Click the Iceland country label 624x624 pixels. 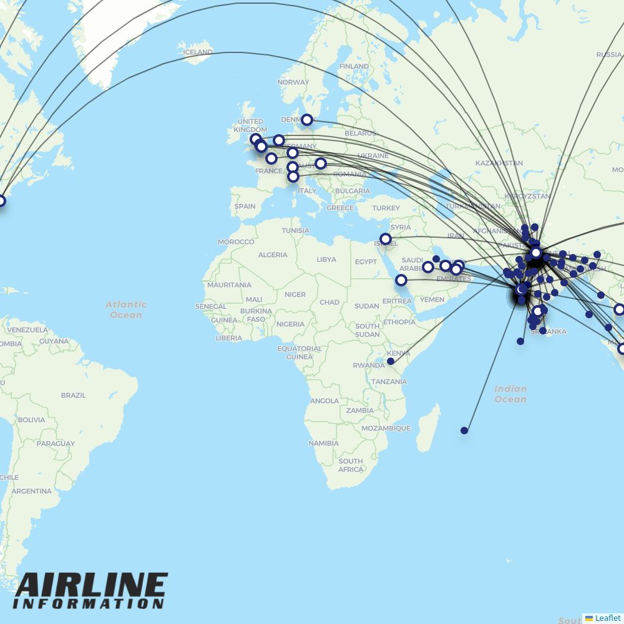pos(198,52)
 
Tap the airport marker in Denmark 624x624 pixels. pos(307,120)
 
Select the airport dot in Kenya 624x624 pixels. pos(391,361)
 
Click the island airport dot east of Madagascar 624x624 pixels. pos(464,431)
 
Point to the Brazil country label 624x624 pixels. pos(73,395)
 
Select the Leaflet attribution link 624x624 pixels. pos(608,618)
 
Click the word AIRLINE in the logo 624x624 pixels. pos(91,586)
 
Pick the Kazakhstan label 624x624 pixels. pos(499,163)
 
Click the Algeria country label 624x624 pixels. pos(273,255)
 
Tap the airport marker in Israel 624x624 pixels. pos(386,239)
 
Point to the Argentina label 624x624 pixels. pos(31,491)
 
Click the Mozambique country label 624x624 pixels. pos(386,428)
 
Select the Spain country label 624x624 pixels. pos(245,206)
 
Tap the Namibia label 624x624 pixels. pos(323,443)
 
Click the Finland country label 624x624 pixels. pos(354,66)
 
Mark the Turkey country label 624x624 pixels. pos(386,208)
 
